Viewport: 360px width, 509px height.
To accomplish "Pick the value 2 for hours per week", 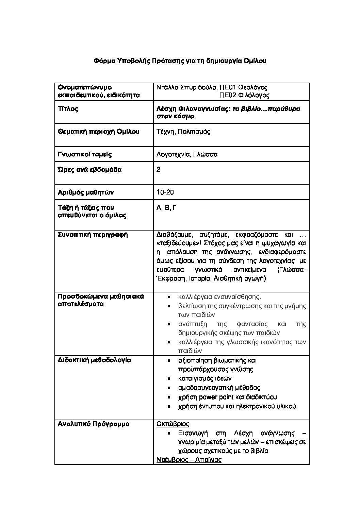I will coord(158,170).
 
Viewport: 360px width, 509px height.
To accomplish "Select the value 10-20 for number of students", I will coord(165,192).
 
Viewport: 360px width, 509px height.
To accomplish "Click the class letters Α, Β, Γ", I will coord(166,208).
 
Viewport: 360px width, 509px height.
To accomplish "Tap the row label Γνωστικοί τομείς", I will coord(85,154).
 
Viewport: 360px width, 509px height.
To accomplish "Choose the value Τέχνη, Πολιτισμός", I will coord(183,132).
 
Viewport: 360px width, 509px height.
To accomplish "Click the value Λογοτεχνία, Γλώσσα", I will coord(187,154).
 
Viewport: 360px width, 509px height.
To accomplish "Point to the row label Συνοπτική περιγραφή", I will coord(93,235).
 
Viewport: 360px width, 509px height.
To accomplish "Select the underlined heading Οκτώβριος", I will coord(173,424).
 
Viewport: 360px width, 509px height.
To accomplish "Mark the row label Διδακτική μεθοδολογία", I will coord(95,360).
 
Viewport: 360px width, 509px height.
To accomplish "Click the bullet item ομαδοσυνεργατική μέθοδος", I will coord(219,388).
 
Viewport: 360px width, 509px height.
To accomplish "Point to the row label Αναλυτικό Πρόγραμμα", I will coord(94,424).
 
